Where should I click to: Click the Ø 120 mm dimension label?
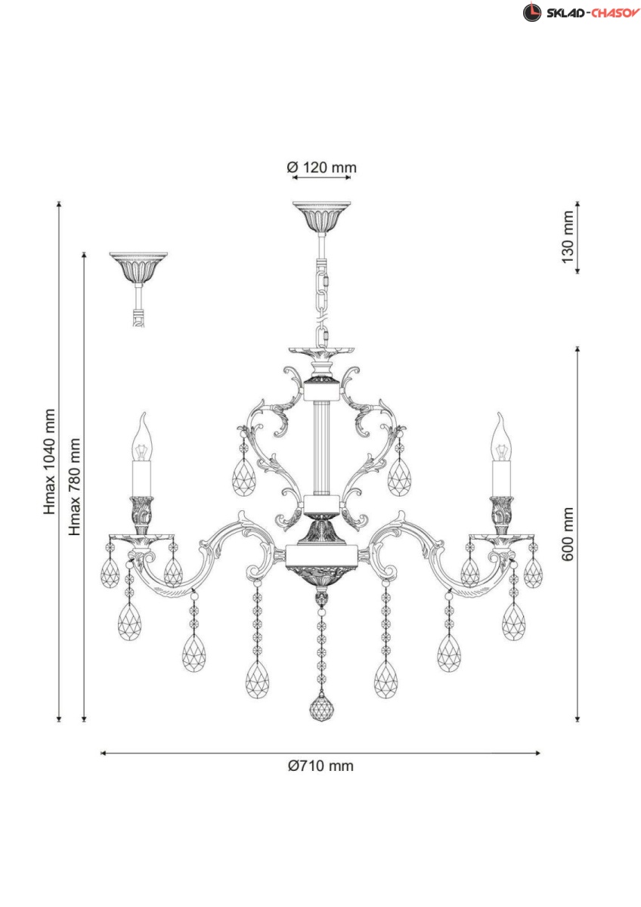coord(321,167)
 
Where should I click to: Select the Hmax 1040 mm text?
coord(49,462)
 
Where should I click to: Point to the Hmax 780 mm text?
coord(75,487)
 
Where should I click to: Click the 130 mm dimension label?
coord(568,237)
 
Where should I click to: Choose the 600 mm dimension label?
coord(568,534)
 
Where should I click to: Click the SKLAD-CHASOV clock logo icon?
coord(531,12)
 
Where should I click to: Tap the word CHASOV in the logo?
coord(615,13)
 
